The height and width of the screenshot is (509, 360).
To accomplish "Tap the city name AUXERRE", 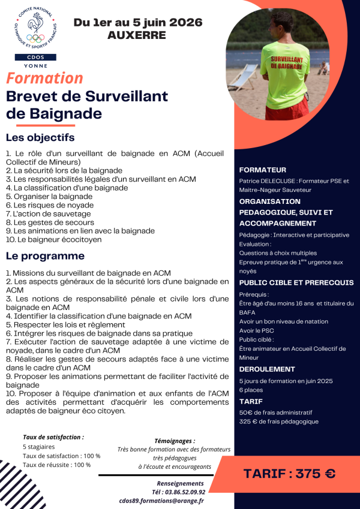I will pos(137,35).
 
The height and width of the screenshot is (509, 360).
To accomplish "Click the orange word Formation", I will pos(45,78).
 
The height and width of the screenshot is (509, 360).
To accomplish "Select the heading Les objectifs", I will pos(44,138).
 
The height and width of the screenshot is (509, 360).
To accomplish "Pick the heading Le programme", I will pos(45,256).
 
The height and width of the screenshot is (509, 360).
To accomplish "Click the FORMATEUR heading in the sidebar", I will pos(263,170).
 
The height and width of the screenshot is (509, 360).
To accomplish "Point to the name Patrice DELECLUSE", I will pos(268,180).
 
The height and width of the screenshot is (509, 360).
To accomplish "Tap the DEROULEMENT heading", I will pos(267,369).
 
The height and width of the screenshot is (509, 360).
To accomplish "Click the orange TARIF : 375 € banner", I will pos(289,473).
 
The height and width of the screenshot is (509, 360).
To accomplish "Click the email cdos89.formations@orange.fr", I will pos(161,501).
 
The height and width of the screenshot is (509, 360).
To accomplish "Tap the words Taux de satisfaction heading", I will pos(53,438).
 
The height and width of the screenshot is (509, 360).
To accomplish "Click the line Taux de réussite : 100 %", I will pos(56,465).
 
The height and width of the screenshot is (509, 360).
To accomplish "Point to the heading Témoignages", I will pos(174,441).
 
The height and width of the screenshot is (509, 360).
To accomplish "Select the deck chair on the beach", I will pos(244,77).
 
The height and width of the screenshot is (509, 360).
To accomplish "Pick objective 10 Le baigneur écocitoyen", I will pos(53,239).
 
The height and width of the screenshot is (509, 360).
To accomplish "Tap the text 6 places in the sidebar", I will pos(252,390).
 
